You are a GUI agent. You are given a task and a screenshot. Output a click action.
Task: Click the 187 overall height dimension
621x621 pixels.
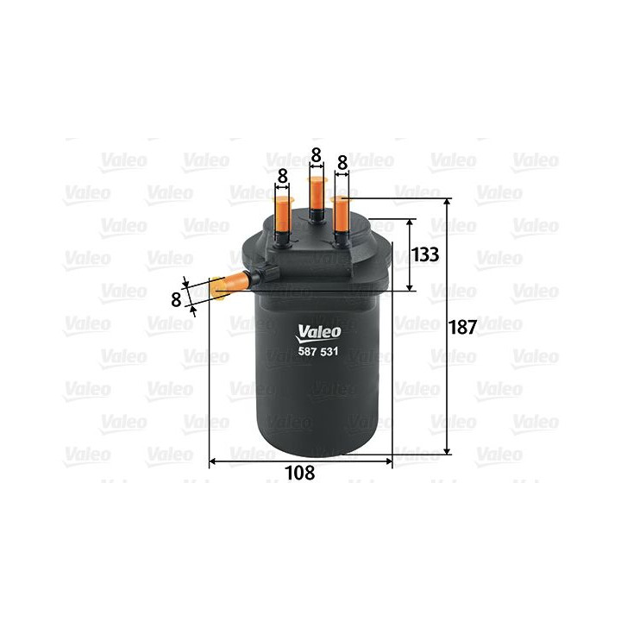(x=462, y=329)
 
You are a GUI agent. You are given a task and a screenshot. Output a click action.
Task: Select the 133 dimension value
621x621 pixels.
(x=425, y=254)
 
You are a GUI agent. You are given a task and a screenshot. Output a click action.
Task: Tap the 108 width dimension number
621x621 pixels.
(x=300, y=473)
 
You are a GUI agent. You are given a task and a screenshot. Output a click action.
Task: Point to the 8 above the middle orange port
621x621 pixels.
(x=316, y=155)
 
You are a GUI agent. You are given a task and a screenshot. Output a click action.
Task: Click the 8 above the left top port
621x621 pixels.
(x=282, y=175)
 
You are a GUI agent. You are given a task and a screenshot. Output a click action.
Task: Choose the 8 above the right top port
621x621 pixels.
(x=342, y=162)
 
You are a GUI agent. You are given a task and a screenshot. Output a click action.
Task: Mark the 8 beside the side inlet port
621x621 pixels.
(x=176, y=299)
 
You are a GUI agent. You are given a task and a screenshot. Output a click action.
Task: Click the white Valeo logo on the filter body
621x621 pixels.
(x=320, y=330)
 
